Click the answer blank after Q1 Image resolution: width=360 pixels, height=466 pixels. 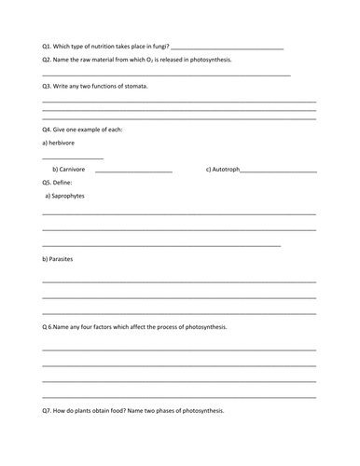pos(228,48)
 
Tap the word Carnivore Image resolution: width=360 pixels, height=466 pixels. pos(69,170)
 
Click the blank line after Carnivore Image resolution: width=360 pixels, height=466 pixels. pos(133,171)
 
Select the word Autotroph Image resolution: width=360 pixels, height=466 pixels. pos(223,170)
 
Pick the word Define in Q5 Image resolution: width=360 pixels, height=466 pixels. pos(72,183)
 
